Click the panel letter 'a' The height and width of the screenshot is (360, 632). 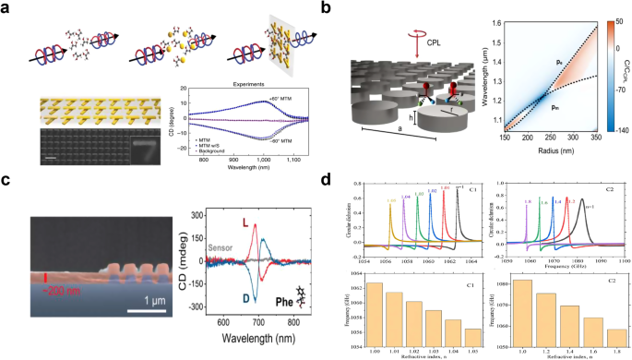coord(8,9)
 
